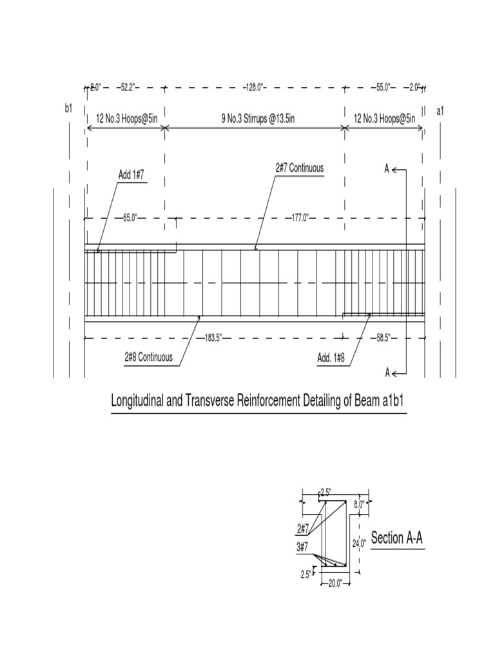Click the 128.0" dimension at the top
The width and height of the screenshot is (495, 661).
click(253, 86)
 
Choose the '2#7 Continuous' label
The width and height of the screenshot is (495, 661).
click(299, 168)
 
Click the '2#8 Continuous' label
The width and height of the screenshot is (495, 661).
click(148, 357)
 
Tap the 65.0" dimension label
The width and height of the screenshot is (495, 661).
click(129, 218)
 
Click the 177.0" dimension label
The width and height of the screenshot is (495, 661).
click(298, 218)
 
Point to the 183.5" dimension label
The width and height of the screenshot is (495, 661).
click(213, 338)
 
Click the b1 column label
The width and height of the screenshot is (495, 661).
click(69, 108)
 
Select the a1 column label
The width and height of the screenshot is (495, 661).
click(440, 111)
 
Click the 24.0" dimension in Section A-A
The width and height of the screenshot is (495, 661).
click(359, 544)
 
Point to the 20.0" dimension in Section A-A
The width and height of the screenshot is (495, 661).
click(335, 584)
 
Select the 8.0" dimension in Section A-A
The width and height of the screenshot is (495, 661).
click(360, 504)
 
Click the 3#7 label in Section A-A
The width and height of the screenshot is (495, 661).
click(303, 547)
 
